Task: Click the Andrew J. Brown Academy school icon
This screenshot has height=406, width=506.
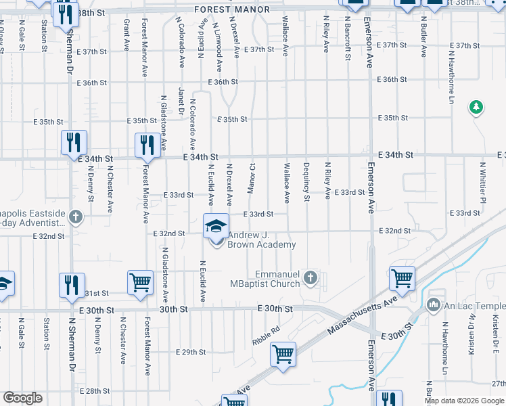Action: click(216, 226)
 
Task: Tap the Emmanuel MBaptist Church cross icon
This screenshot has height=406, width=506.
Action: click(310, 277)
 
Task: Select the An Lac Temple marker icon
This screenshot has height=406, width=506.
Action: click(434, 306)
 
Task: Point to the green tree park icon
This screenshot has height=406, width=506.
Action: click(476, 107)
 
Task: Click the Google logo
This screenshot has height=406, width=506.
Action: click(22, 398)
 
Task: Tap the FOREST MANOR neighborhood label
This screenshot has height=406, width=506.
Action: click(231, 9)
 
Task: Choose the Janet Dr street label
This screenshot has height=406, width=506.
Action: click(181, 101)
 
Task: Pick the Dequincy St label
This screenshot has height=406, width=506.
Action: click(306, 182)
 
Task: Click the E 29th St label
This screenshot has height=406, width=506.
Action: click(190, 352)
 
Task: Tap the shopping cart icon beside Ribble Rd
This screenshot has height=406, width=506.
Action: click(283, 354)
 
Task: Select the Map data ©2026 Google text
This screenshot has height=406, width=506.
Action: click(464, 401)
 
